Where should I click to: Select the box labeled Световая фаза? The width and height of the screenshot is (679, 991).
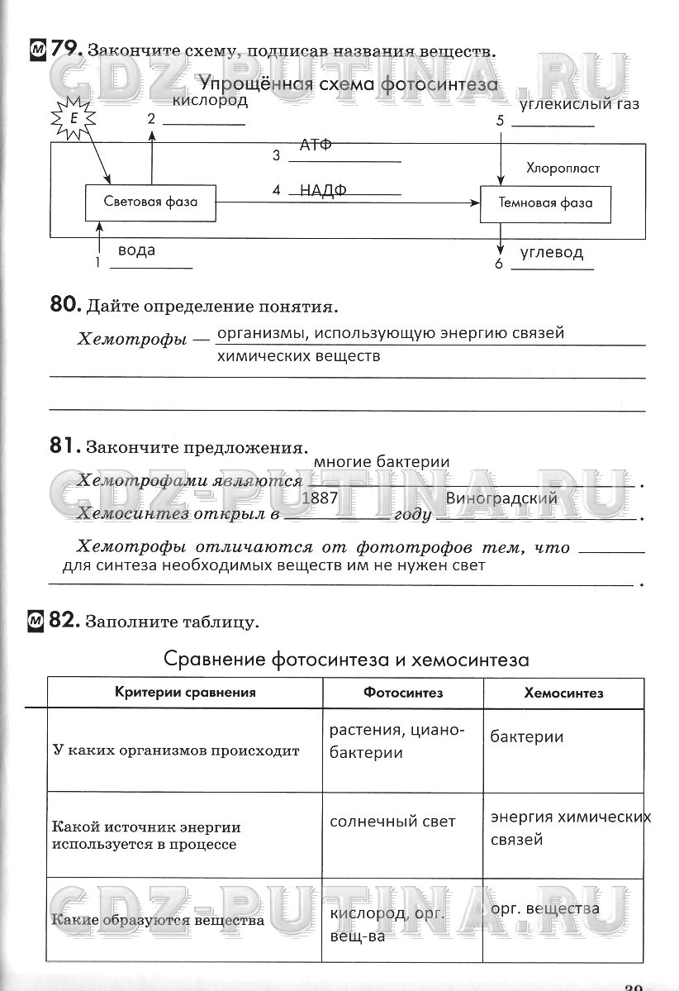click(x=151, y=202)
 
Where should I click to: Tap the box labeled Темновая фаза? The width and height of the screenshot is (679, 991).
click(x=545, y=202)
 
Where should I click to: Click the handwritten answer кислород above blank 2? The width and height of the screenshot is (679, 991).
click(x=211, y=101)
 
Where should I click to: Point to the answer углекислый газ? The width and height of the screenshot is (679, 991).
click(x=580, y=104)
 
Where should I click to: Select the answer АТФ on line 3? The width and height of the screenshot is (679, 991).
click(x=316, y=145)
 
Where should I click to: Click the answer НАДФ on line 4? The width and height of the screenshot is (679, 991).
click(x=323, y=189)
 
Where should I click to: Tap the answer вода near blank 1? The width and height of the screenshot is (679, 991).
click(x=136, y=249)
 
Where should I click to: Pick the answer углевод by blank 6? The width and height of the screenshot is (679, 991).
click(x=552, y=253)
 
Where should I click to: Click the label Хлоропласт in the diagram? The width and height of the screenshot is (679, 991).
click(x=563, y=168)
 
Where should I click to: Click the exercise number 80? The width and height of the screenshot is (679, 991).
click(x=64, y=305)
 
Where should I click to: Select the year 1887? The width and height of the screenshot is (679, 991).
click(x=321, y=498)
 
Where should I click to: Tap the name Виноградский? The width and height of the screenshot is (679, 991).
click(x=501, y=498)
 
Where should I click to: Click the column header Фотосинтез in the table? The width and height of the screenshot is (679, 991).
click(x=403, y=693)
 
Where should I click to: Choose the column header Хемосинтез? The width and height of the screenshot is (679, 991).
click(x=563, y=693)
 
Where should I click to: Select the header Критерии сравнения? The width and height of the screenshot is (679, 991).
click(x=185, y=693)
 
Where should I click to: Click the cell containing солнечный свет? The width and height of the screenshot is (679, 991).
click(x=392, y=822)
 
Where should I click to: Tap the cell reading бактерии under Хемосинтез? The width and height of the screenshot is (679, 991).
click(x=527, y=736)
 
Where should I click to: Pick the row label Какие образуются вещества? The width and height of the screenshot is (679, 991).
click(x=158, y=920)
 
